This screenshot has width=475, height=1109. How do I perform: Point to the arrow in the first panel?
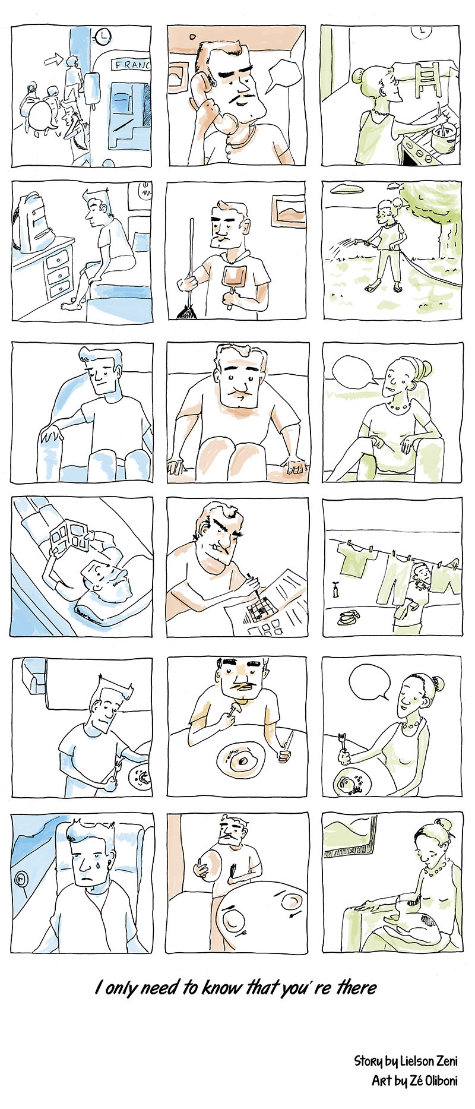53,58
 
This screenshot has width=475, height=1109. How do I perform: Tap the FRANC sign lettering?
131,64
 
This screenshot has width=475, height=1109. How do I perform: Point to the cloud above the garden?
346,189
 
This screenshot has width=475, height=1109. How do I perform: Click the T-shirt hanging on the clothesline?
356,560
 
